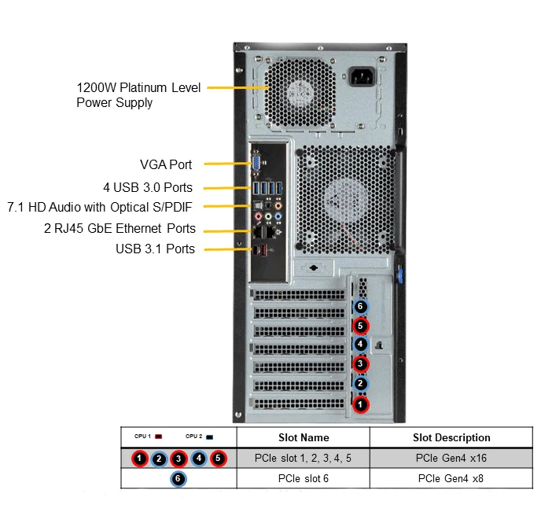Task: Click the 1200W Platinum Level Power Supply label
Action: tap(138, 94)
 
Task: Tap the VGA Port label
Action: tap(166, 164)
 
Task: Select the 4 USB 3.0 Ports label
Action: tap(147, 187)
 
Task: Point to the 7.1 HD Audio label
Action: tap(99, 207)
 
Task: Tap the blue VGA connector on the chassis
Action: tap(256, 163)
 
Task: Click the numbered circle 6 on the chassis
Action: tap(360, 307)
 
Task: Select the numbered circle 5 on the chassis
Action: tap(360, 325)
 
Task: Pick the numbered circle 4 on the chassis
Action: tap(360, 345)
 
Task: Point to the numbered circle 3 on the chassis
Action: tap(360, 364)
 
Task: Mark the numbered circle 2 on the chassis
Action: tap(360, 384)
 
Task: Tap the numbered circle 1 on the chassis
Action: tap(360, 404)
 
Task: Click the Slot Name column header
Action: tap(304, 437)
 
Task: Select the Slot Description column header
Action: tap(451, 437)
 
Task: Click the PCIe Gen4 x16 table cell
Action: tap(451, 458)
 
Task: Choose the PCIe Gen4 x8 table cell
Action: tap(451, 478)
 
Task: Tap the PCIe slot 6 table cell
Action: tap(304, 478)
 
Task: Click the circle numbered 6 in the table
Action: tap(178, 478)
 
